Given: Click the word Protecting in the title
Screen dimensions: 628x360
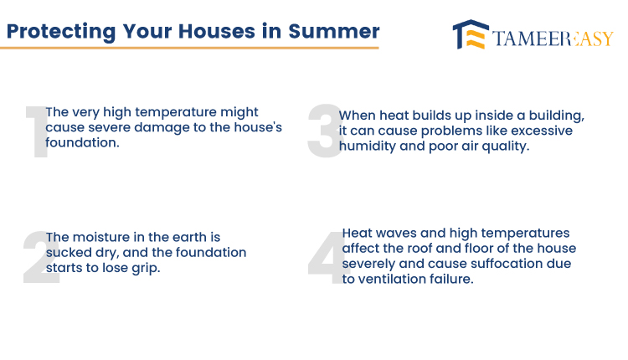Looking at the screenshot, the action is click(x=61, y=32).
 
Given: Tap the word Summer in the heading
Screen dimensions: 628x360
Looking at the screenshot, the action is click(x=333, y=31).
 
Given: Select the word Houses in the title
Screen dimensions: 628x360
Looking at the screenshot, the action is click(x=217, y=31).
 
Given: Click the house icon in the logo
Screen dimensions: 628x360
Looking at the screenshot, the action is click(x=471, y=34).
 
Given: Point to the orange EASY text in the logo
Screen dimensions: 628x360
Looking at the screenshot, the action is click(x=594, y=39).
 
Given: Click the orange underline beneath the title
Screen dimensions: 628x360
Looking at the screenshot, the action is click(x=189, y=48).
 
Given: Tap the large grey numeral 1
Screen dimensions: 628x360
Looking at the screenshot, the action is click(x=37, y=132).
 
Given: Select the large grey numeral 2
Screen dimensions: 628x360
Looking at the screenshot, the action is click(x=41, y=258).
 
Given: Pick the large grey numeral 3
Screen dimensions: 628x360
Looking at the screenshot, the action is click(x=325, y=131).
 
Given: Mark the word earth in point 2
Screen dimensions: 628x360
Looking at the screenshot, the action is click(x=189, y=237).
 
